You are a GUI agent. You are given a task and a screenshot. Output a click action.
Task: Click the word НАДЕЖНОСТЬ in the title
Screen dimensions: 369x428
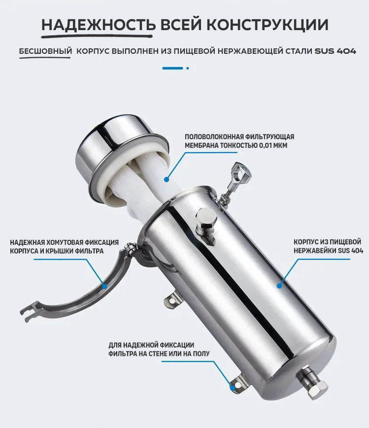99,25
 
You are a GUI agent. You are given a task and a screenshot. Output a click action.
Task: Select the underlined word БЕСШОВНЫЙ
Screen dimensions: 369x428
45,51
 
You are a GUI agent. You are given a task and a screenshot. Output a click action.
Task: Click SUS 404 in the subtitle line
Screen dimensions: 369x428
335,51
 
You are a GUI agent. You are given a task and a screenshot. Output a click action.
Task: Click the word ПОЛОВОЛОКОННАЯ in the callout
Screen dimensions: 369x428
214,136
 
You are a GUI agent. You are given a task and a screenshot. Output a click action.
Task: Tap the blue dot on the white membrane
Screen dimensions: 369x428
167,179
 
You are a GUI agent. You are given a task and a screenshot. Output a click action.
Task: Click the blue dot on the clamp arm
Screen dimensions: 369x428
104,286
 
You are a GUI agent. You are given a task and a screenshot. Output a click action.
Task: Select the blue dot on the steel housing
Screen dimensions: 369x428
279,286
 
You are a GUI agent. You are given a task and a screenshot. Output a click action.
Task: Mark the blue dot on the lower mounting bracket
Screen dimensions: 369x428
233,387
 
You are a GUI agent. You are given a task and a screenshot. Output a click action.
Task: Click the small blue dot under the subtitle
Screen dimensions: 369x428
187,68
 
